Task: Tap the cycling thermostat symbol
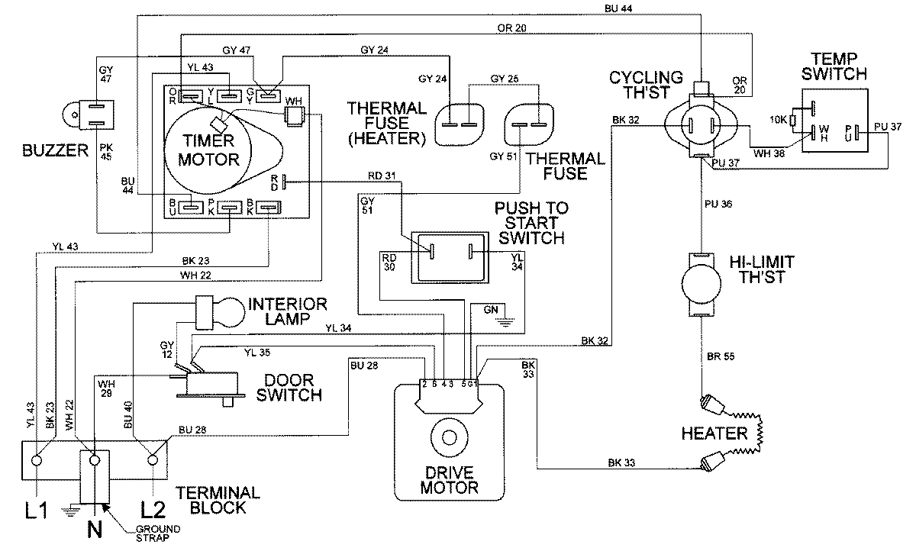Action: click(701, 122)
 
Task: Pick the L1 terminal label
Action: click(37, 507)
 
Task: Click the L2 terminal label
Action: click(155, 507)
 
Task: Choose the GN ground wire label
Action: click(490, 309)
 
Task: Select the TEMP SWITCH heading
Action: click(839, 67)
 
